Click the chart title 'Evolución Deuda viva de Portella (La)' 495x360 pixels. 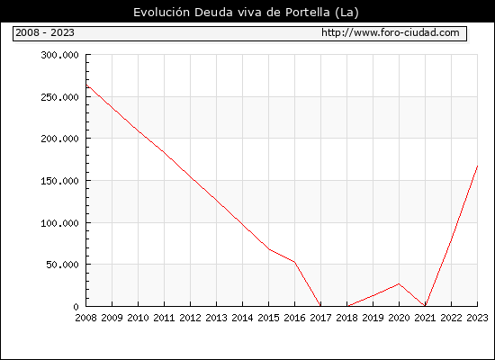click(x=246, y=13)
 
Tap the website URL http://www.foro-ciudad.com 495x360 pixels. click(x=391, y=32)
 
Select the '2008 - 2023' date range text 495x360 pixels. click(x=45, y=32)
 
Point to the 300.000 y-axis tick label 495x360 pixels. click(x=59, y=55)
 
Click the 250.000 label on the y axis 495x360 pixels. click(x=59, y=97)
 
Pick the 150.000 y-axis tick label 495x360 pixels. click(x=59, y=181)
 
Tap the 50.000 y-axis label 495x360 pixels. click(x=62, y=265)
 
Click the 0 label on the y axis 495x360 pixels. click(x=76, y=307)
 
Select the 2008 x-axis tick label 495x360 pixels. click(x=85, y=318)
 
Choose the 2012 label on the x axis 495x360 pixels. click(x=191, y=318)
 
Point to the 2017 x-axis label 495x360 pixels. click(x=320, y=318)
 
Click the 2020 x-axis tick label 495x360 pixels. click(x=399, y=318)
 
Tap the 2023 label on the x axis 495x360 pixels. click(x=477, y=318)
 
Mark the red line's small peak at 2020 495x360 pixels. click(x=399, y=283)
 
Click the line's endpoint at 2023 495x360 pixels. click(x=477, y=166)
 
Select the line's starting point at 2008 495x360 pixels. click(x=86, y=85)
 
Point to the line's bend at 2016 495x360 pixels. click(x=295, y=262)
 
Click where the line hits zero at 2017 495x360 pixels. click(x=320, y=306)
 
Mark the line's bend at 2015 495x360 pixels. click(x=269, y=249)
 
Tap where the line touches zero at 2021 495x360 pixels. click(x=425, y=306)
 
